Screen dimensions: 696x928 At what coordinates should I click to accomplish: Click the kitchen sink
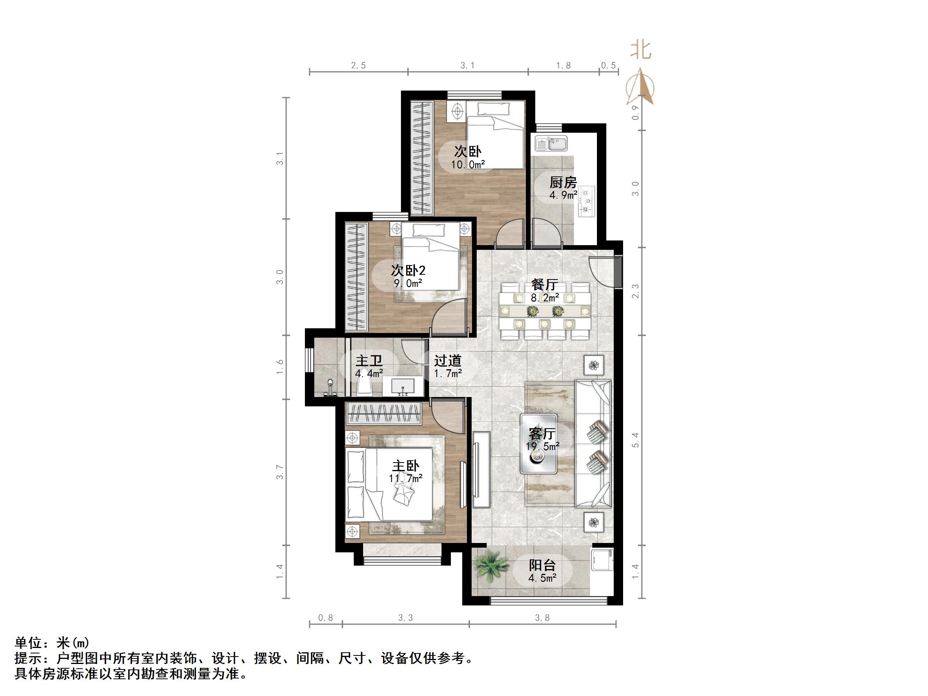[x=550, y=144]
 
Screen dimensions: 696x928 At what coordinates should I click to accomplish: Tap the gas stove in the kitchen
[x=586, y=201]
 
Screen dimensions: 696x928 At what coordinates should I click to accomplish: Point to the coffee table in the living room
[x=539, y=444]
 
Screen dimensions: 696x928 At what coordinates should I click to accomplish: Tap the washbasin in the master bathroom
[x=403, y=386]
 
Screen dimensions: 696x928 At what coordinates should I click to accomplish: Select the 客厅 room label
[x=542, y=433]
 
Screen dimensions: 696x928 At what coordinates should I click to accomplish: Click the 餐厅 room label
[x=545, y=285]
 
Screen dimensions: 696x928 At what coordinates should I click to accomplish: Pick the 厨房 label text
[x=563, y=183]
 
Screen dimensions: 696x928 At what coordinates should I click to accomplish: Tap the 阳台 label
[x=542, y=566]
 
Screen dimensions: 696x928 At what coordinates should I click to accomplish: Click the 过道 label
[x=448, y=360]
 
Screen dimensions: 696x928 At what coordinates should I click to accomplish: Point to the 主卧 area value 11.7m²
[x=405, y=478]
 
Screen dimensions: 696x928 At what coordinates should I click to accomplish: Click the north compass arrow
[x=641, y=86]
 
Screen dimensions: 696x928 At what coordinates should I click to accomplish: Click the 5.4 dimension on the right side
[x=636, y=440]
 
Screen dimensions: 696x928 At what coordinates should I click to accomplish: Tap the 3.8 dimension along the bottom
[x=542, y=618]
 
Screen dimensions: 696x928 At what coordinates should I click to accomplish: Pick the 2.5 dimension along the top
[x=358, y=66]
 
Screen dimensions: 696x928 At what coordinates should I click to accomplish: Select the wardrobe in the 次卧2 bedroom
[x=356, y=277]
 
